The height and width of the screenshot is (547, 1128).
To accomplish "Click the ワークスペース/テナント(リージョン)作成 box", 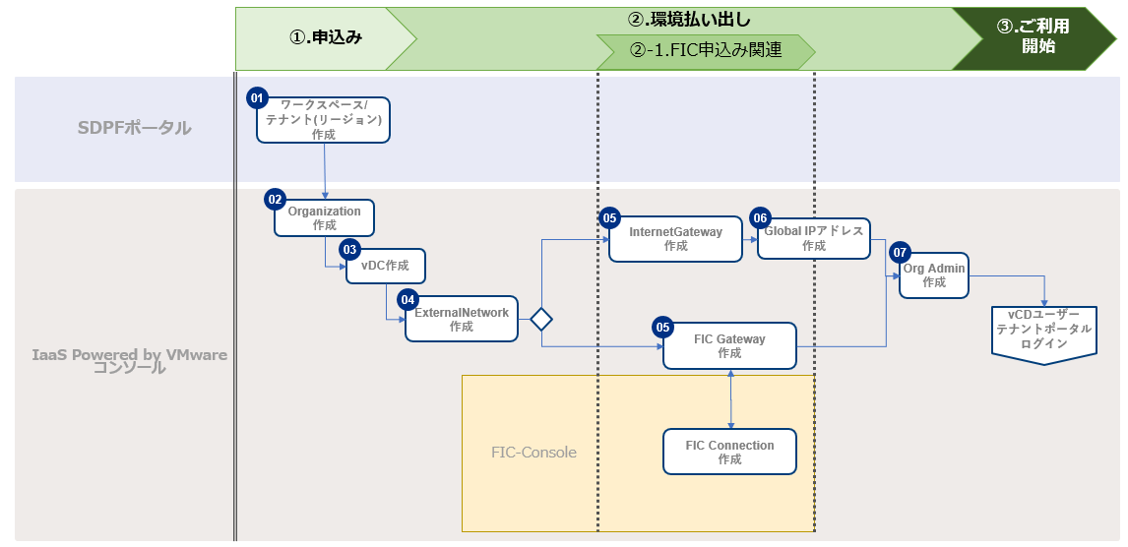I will click(324, 120).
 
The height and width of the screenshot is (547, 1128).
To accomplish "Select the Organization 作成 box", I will click(324, 218).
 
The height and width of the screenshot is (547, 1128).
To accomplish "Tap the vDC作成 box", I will click(385, 266).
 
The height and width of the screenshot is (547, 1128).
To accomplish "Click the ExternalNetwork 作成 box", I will click(462, 319).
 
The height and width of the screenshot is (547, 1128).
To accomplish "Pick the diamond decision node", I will click(541, 319).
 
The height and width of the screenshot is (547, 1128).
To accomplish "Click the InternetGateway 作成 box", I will click(675, 239).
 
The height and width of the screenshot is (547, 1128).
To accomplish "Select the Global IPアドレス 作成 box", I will click(813, 239).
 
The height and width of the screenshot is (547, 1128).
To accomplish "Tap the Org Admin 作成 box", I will click(934, 274).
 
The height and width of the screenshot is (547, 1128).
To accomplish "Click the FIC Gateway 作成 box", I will click(729, 346).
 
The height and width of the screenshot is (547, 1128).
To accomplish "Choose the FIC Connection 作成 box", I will click(729, 453).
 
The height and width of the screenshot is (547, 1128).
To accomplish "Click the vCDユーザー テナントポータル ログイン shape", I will click(1043, 331).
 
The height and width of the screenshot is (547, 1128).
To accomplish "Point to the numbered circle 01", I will click(257, 98).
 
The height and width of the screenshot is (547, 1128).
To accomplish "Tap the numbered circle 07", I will click(900, 253).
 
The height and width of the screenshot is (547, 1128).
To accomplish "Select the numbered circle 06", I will click(759, 217).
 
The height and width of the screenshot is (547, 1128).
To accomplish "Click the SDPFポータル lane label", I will click(135, 128).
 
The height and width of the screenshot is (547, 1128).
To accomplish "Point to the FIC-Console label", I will click(533, 453).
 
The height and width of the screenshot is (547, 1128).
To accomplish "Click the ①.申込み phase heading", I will click(325, 37).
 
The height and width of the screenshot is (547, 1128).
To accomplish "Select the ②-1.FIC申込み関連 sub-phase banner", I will click(705, 50).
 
